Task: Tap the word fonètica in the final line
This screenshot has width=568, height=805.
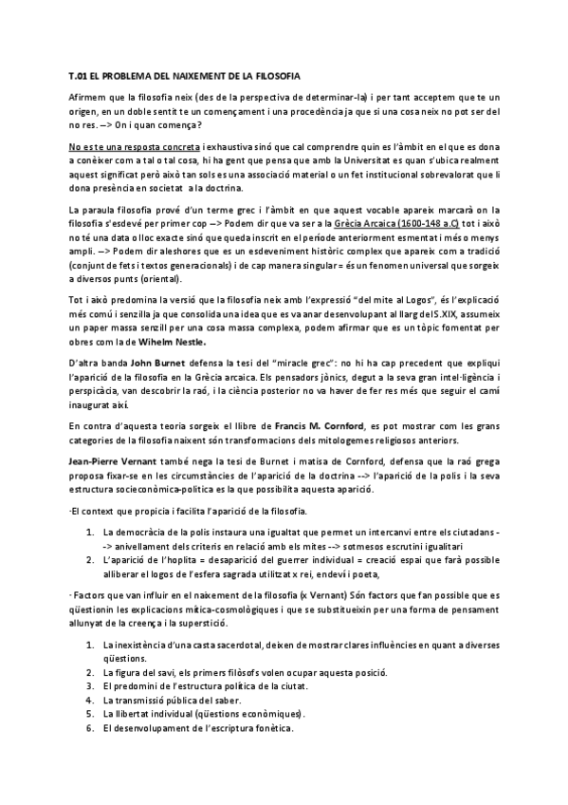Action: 270,728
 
